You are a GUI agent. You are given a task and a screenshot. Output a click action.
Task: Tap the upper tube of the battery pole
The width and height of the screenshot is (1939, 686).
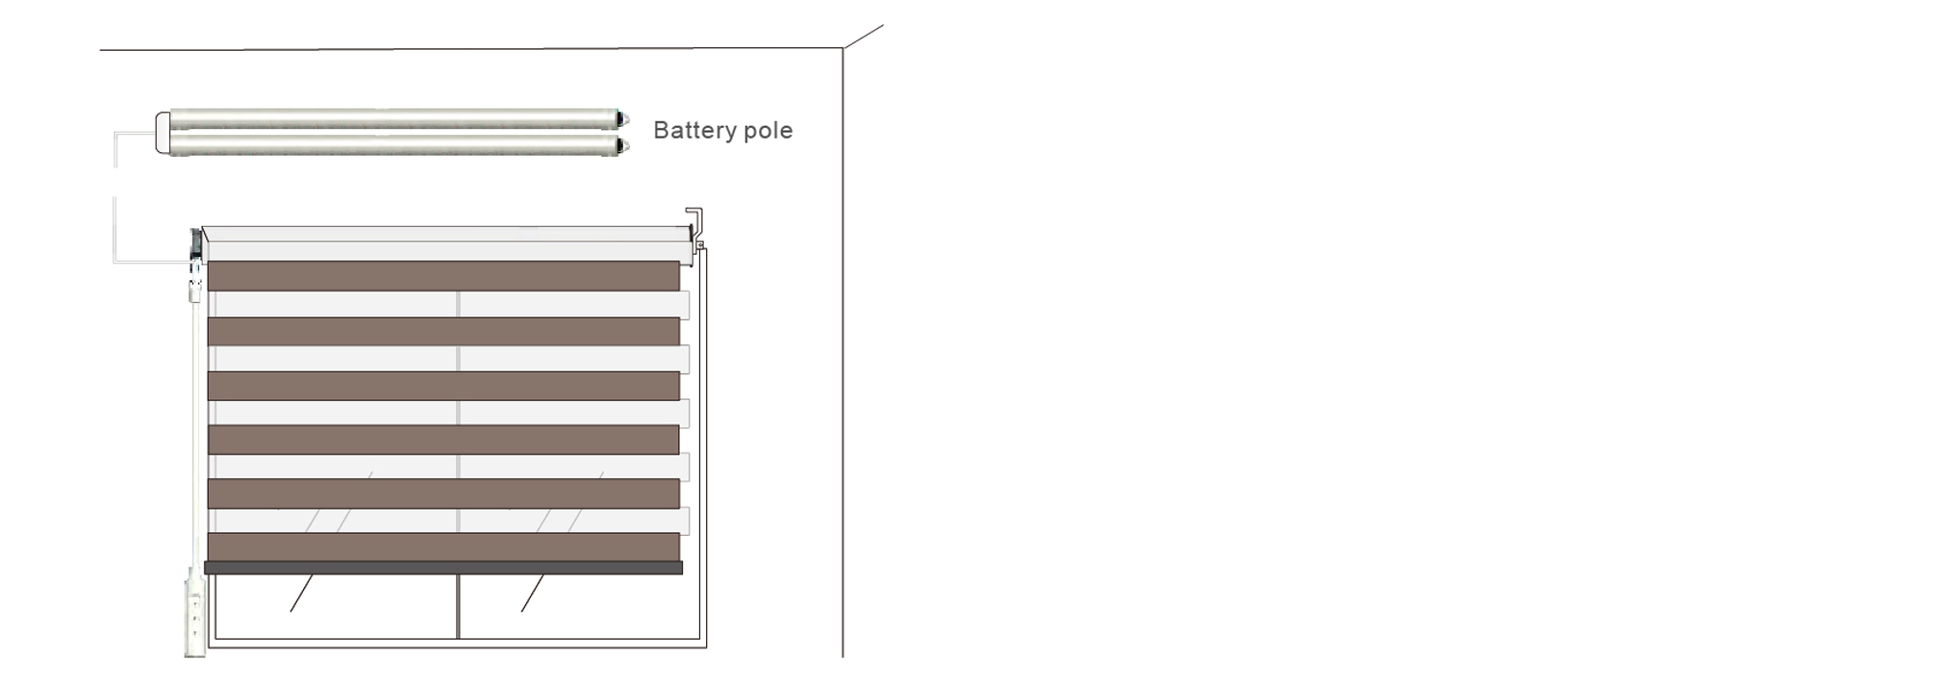coord(393,119)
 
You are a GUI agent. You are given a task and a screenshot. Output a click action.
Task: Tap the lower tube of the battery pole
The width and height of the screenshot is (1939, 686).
coord(393,144)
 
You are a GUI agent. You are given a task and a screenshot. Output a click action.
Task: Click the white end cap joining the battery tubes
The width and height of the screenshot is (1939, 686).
coord(163,133)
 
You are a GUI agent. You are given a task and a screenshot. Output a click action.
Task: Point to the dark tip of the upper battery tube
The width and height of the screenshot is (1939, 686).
coord(623,120)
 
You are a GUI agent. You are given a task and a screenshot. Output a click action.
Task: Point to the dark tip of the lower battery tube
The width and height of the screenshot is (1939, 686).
coord(623,146)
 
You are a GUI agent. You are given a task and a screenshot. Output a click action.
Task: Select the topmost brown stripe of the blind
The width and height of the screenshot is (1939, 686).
coord(443,276)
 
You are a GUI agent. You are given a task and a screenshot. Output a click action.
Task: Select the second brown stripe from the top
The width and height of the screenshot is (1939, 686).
coord(443,331)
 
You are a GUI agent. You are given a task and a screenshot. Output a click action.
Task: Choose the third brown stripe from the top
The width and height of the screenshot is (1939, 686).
coord(443,386)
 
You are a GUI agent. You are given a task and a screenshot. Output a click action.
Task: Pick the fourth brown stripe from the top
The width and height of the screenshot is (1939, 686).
coord(443,440)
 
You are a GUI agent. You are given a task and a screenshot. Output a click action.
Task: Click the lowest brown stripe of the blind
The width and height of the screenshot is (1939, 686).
coord(443,547)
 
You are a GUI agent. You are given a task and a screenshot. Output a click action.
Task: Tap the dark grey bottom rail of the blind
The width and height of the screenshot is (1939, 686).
coord(443,569)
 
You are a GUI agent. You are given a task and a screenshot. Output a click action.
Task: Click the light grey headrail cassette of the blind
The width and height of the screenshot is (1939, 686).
coord(446,244)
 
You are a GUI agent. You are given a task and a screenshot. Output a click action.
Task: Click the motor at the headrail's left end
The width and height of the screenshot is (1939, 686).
coord(195,244)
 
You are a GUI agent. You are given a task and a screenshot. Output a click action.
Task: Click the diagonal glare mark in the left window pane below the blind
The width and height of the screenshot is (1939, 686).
coord(302,594)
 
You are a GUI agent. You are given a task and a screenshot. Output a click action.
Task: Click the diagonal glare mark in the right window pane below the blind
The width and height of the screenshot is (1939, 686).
coord(533,594)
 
